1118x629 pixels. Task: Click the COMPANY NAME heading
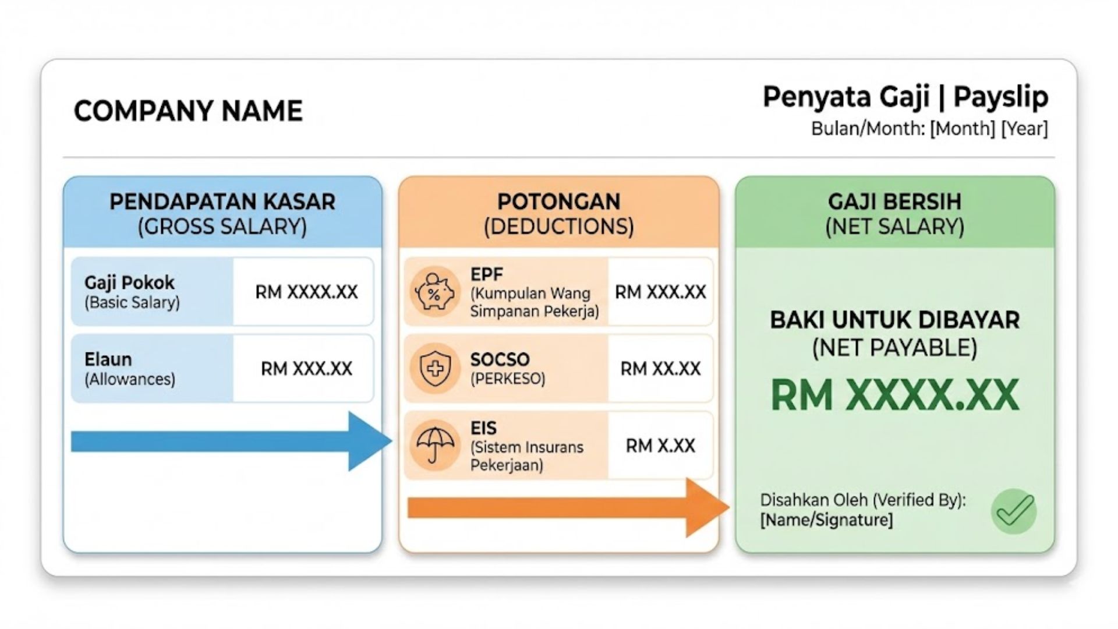[188, 111]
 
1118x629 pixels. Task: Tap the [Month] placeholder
[962, 129]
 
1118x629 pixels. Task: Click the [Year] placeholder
[1024, 129]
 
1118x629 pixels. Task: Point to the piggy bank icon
[434, 291]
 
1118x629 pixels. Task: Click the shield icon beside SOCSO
[435, 369]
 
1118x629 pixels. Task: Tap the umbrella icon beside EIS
[434, 446]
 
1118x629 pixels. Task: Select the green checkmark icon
[1014, 511]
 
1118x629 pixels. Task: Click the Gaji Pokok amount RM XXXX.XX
[306, 292]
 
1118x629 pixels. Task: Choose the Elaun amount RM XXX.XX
[306, 369]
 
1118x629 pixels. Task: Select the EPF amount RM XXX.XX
[660, 292]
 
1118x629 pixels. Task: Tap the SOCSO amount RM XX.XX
[660, 369]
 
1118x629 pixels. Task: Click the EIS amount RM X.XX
[660, 446]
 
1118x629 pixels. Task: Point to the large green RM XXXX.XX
[894, 395]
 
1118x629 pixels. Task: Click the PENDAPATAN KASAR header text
[222, 202]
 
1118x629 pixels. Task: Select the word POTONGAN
[558, 202]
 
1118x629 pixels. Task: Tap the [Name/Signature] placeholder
[826, 520]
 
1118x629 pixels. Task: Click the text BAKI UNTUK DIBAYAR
[894, 320]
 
